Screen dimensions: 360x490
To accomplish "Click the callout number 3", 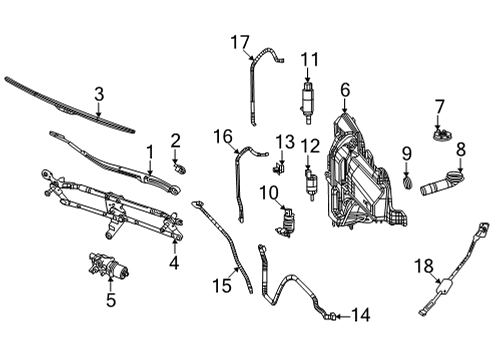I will (x=98, y=95).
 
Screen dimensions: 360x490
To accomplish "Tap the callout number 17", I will (x=239, y=42).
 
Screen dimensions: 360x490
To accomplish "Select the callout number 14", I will (x=360, y=315).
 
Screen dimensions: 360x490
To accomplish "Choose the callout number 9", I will (x=407, y=153).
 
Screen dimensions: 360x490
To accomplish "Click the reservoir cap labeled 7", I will (x=438, y=132).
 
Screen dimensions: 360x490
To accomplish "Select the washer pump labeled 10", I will (x=291, y=219).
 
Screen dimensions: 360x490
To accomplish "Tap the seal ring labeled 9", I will (x=406, y=183).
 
